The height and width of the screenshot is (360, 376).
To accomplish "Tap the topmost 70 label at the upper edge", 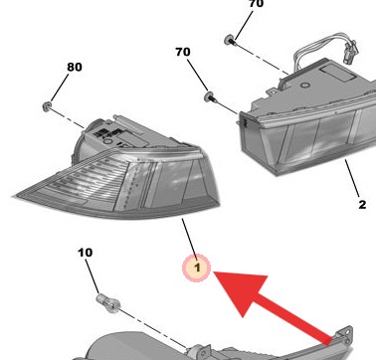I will click(x=255, y=5).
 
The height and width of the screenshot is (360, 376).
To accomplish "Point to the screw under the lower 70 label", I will click(x=211, y=96).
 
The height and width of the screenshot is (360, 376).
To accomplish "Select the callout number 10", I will click(x=85, y=254).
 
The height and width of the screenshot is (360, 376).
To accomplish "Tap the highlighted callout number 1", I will click(x=197, y=267).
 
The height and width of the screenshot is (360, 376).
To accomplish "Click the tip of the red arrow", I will click(x=217, y=270).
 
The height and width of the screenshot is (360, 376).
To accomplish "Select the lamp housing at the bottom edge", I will click(x=199, y=343).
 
